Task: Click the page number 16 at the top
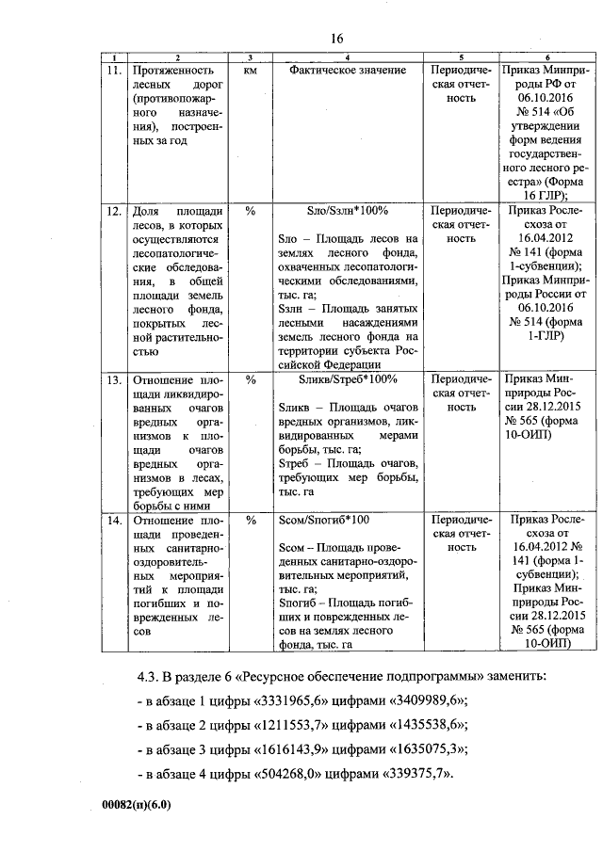pyautogui.click(x=337, y=38)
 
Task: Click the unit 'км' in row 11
pyautogui.click(x=250, y=71)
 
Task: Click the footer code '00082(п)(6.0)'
pyautogui.click(x=139, y=808)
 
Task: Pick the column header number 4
pyautogui.click(x=348, y=58)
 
